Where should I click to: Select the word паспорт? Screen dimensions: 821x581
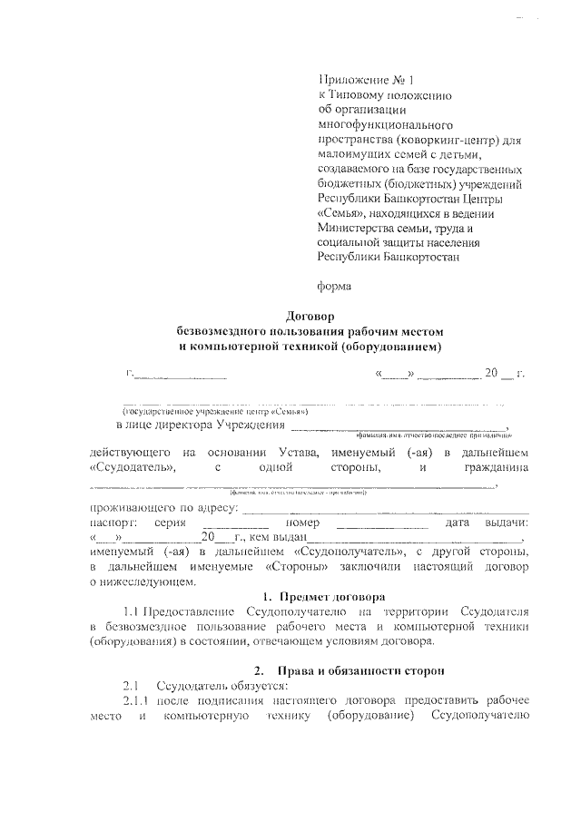point(113,523)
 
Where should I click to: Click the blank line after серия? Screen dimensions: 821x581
point(235,524)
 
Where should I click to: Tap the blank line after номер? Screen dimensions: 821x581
point(381,524)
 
